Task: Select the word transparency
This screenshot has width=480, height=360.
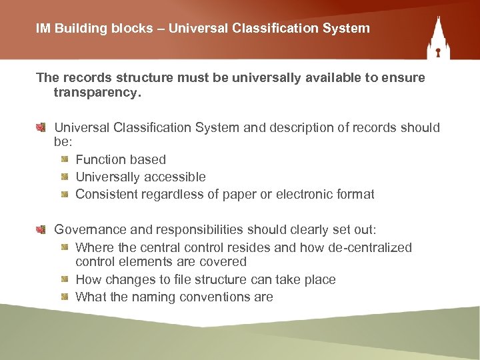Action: point(97,93)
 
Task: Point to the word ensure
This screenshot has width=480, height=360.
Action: point(402,78)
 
